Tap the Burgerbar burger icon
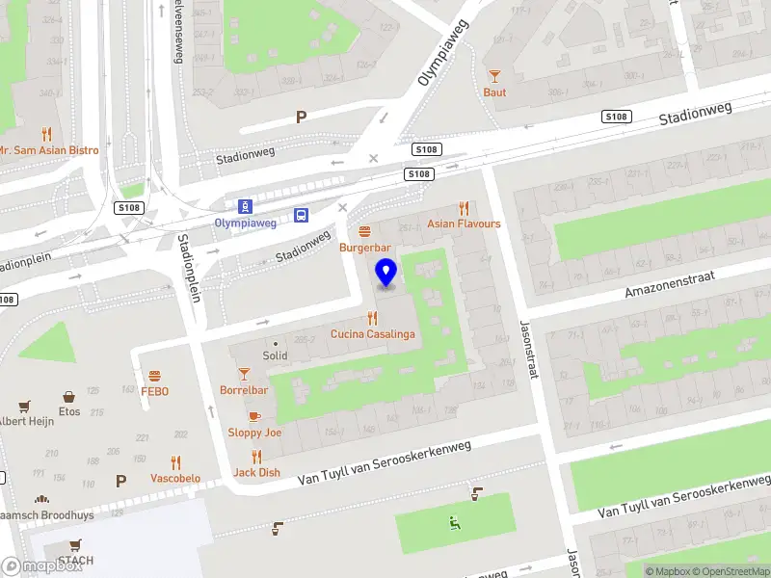click(364, 231)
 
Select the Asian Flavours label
click(465, 223)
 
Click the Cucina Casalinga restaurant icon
click(373, 318)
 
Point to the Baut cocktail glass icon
click(494, 76)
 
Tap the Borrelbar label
click(244, 390)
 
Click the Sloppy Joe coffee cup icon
click(254, 416)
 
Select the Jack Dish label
click(256, 472)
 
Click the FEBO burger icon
click(154, 376)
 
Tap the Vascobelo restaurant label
click(175, 478)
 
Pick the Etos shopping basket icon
click(69, 396)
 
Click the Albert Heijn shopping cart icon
click(25, 406)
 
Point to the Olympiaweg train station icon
click(246, 205)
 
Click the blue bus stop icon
click(302, 215)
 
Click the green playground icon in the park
click(455, 523)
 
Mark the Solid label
click(276, 355)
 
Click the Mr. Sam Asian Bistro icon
click(45, 135)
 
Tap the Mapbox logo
click(41, 566)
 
